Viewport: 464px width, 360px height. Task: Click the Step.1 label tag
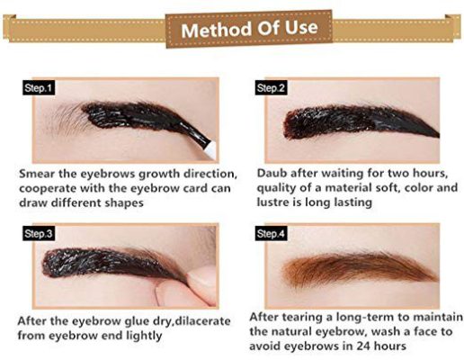pyautogui.click(x=39, y=88)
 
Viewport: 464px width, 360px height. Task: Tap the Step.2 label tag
pyautogui.click(x=271, y=88)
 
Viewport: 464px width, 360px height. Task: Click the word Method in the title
pyautogui.click(x=213, y=28)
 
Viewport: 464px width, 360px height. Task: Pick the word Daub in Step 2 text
pyautogui.click(x=273, y=171)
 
